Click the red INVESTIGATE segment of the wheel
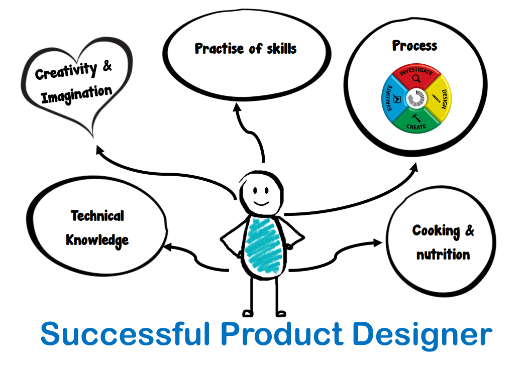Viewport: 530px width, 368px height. [x=416, y=76]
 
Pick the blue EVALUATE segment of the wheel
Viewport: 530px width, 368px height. [x=393, y=98]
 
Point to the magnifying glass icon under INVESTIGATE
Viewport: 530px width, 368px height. [x=416, y=78]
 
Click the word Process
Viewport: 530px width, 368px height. [x=414, y=46]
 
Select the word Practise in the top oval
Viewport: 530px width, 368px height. [x=219, y=48]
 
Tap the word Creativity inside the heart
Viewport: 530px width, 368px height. [x=66, y=71]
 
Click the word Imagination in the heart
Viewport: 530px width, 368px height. [x=76, y=94]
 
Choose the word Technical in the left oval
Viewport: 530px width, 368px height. [x=97, y=215]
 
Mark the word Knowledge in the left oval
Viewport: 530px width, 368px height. [x=97, y=240]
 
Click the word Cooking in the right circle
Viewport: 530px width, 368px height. [x=436, y=231]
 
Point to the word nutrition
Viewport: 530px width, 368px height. [x=443, y=254]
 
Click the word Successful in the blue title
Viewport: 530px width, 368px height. [x=126, y=334]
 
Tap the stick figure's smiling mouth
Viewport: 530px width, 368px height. [x=261, y=203]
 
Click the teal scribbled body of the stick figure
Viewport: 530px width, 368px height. [x=263, y=246]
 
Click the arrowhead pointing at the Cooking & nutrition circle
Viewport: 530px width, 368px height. [x=378, y=242]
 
